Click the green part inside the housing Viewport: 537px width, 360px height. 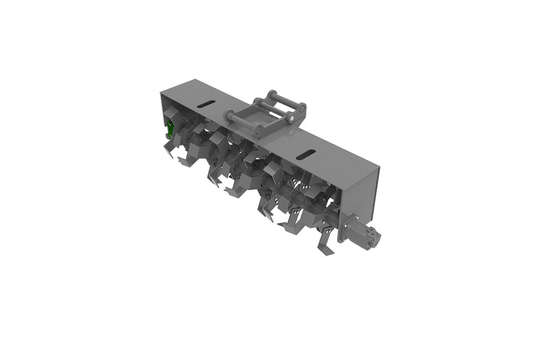point(170,128)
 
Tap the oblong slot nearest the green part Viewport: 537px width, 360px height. point(207,104)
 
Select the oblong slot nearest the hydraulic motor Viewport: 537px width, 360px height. point(306,155)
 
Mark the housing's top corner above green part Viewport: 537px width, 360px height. point(161,93)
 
